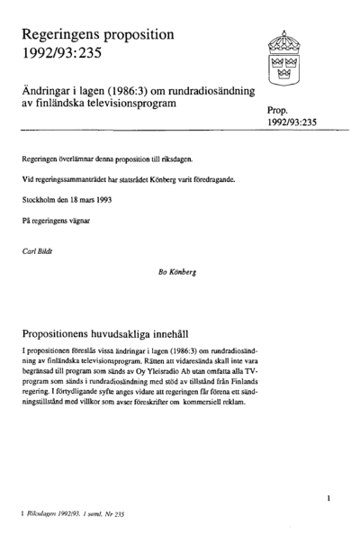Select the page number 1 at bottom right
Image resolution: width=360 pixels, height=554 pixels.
(329, 496)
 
